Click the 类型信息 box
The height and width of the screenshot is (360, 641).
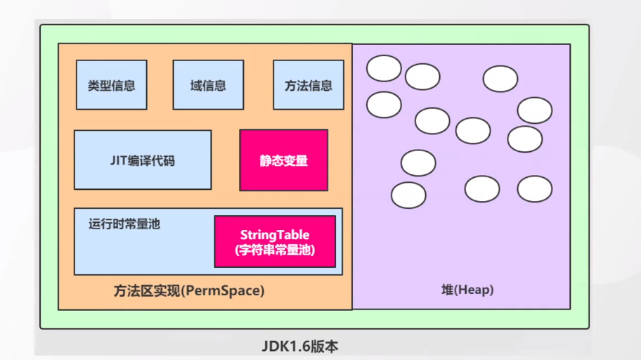coord(112,85)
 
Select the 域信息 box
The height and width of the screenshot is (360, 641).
coord(208,85)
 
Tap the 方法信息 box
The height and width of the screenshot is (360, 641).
coord(309,85)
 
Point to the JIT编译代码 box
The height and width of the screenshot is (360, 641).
coord(143,160)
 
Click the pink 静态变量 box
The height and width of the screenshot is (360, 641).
coord(284,160)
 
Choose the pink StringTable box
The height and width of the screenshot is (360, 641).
coord(275,241)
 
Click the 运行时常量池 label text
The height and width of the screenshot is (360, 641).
coord(124,224)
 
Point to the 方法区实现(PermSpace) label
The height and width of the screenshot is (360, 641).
coord(189,290)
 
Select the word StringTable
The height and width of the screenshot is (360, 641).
coord(275,234)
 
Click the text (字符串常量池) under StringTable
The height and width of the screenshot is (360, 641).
coord(275,250)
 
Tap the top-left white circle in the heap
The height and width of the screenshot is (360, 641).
coord(384,68)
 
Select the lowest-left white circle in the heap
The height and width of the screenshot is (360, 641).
coord(408,195)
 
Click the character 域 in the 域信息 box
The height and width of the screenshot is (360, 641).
coord(196,85)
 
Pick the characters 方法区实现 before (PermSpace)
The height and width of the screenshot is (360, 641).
coord(146,290)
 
